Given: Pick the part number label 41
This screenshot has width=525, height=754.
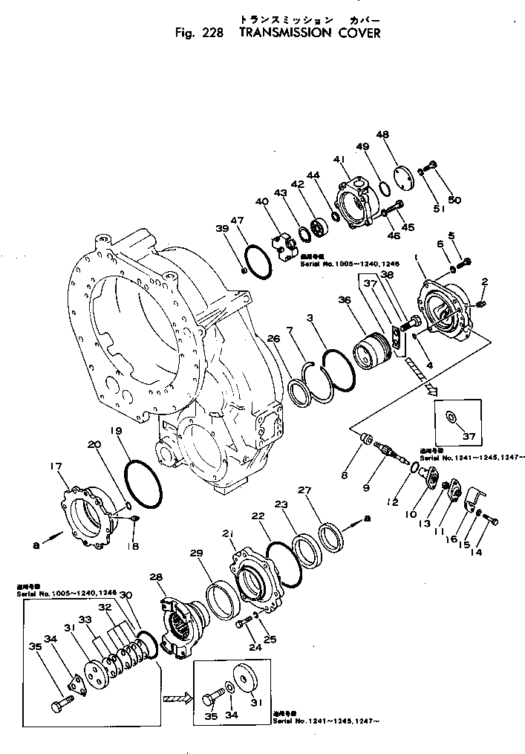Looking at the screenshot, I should click(339, 160).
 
